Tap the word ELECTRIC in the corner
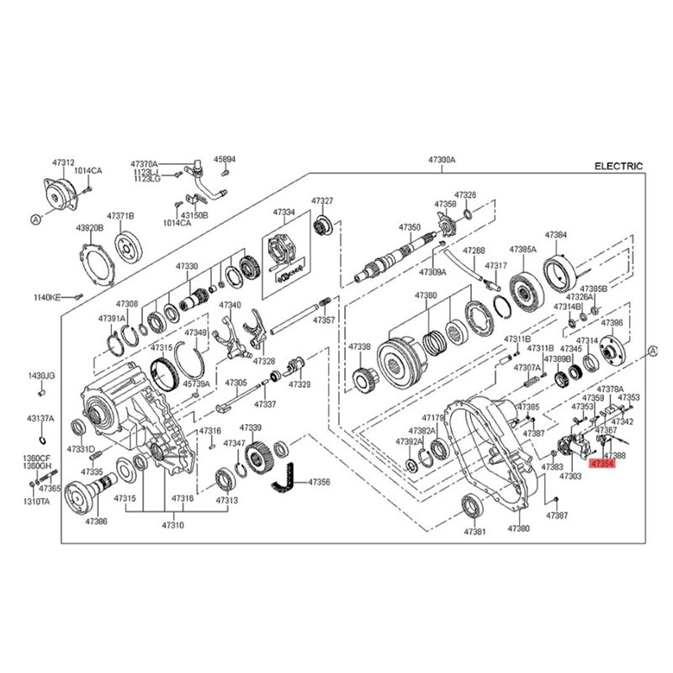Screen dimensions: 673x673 click(x=618, y=167)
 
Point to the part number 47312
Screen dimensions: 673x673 click(x=63, y=163)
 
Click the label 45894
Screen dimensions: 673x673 click(x=225, y=158)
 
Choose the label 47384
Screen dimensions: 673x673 click(x=555, y=235)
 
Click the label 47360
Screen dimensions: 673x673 click(x=426, y=295)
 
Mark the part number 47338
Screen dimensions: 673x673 click(x=360, y=347)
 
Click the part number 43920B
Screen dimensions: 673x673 click(x=89, y=228)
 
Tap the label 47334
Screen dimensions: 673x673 click(x=284, y=212)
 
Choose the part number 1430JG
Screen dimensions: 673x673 click(x=41, y=375)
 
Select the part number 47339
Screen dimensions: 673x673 click(x=251, y=428)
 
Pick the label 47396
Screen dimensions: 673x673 click(x=612, y=322)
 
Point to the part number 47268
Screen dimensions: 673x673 click(x=474, y=250)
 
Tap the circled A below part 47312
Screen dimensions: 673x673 click(x=36, y=219)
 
